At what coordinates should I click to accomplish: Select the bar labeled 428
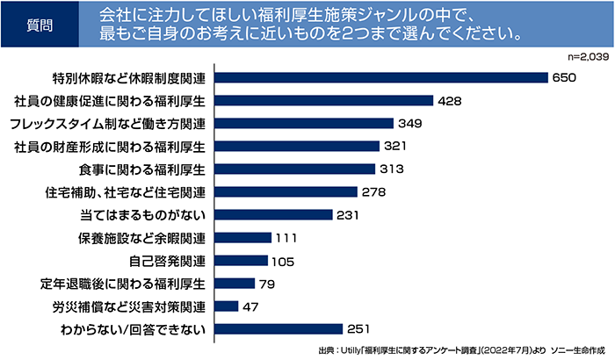(x=322, y=100)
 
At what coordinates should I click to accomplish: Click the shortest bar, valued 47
(x=225, y=306)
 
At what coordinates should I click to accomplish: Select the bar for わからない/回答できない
(x=277, y=329)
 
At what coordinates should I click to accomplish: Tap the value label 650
(x=563, y=77)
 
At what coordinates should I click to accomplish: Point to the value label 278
(x=373, y=191)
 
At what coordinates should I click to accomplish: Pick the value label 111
(x=286, y=238)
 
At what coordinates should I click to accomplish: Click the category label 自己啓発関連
(x=167, y=261)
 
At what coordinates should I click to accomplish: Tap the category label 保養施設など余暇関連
(x=142, y=238)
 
